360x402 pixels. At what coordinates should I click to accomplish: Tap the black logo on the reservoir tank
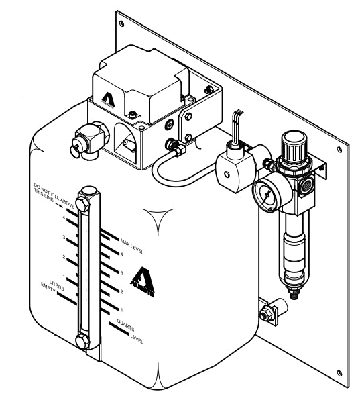[142, 280]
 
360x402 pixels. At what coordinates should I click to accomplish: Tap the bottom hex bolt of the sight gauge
[84, 342]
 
